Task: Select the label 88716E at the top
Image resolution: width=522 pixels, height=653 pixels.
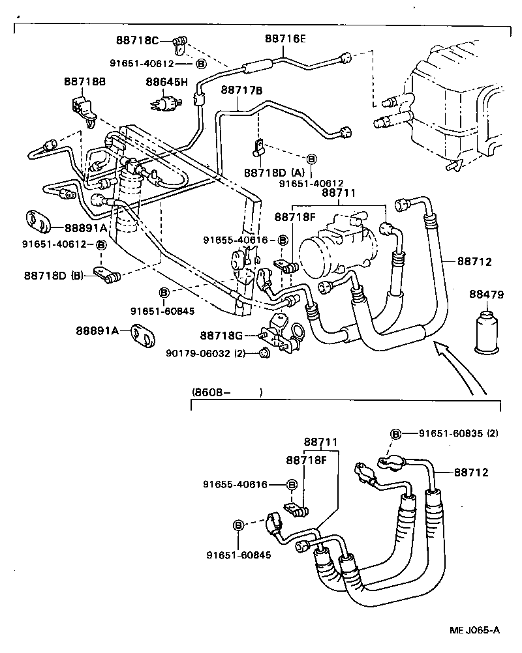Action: pyautogui.click(x=285, y=38)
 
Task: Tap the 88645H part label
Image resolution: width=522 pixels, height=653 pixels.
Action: pyautogui.click(x=166, y=82)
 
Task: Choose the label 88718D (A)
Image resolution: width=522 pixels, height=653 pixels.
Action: pyautogui.click(x=274, y=173)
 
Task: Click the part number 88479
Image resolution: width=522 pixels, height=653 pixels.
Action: pyautogui.click(x=486, y=295)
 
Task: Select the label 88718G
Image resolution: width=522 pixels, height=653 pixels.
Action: pyautogui.click(x=221, y=336)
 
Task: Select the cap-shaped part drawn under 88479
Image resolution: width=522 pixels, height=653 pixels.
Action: pyautogui.click(x=487, y=332)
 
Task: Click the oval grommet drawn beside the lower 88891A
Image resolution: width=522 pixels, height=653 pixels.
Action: pyautogui.click(x=143, y=333)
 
